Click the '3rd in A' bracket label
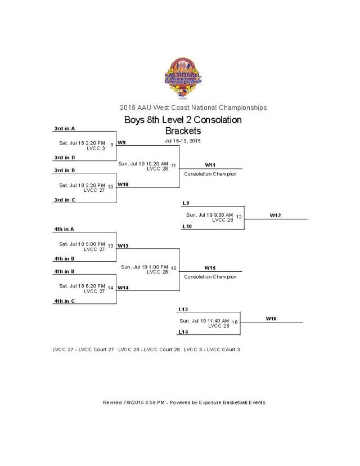coord(64,128)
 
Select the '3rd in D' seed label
coord(64,158)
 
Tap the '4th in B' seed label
coord(64,271)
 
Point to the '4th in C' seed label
coord(64,301)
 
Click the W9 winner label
coord(122,142)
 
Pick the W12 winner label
coord(275,215)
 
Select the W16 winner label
coord(271,319)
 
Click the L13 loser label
coord(183,309)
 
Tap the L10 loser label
coord(187,226)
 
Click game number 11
coord(174,165)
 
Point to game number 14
coord(111,288)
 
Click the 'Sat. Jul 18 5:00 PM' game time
coord(82,244)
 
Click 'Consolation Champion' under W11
coord(210,174)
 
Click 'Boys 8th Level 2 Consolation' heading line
coord(183,120)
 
